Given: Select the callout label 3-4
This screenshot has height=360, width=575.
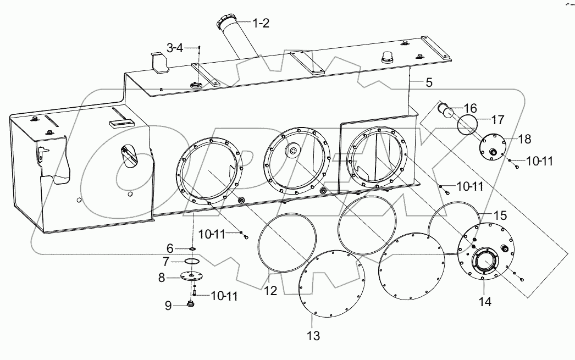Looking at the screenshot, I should pos(175,48).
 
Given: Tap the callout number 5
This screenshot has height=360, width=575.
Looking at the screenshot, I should pos(429,83).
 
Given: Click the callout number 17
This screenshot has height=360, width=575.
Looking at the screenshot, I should pos(497,119).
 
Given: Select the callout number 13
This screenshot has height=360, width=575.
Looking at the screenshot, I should pos(313,335).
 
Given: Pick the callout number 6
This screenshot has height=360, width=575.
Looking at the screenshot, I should pos(170,248).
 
